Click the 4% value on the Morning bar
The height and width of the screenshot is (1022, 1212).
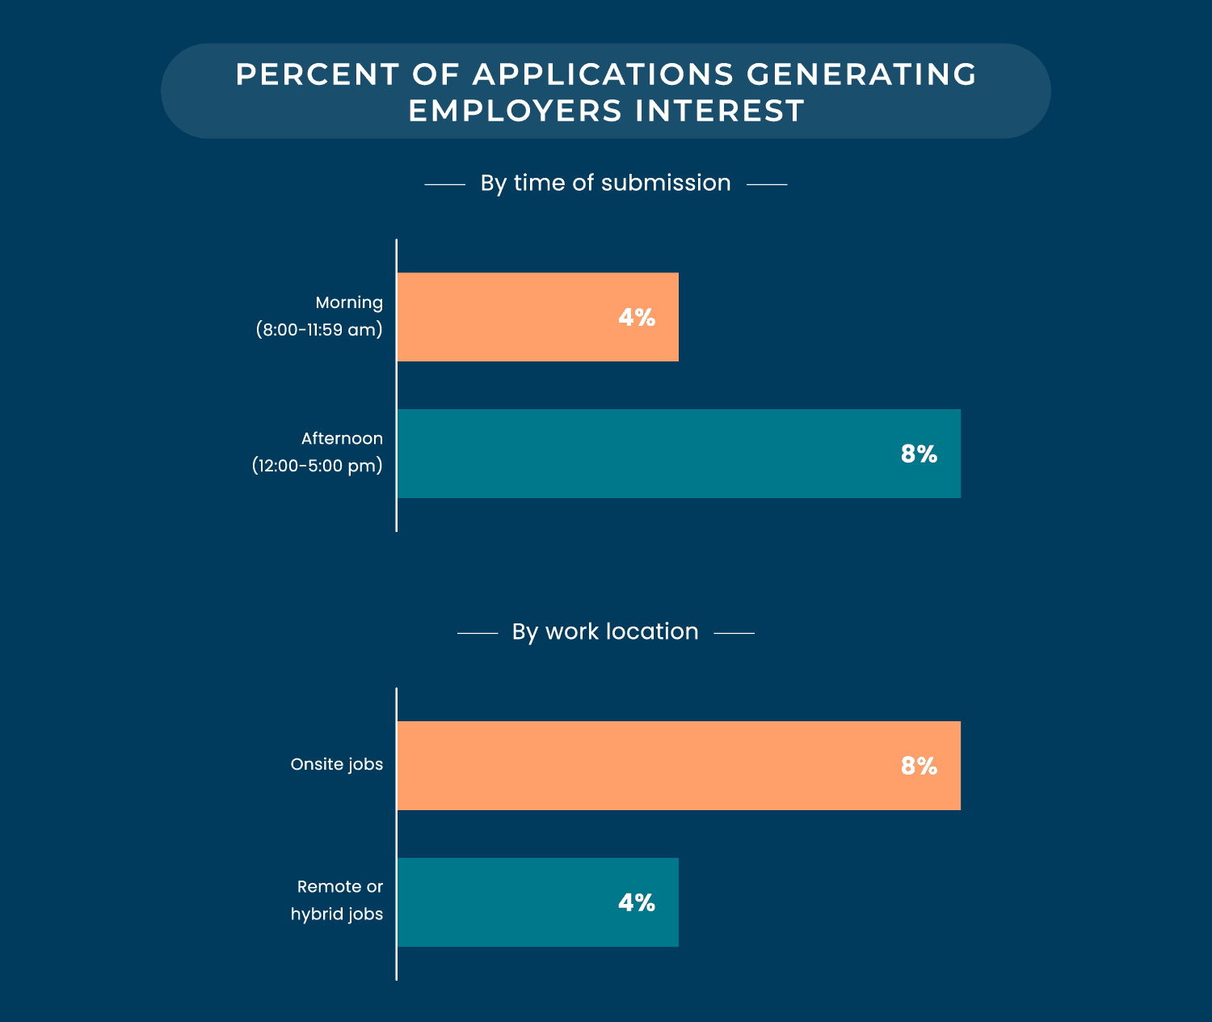tap(637, 318)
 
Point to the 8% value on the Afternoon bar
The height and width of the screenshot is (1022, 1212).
tap(919, 454)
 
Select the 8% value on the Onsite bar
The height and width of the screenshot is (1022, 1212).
tap(919, 766)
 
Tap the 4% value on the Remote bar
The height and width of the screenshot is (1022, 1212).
tap(637, 902)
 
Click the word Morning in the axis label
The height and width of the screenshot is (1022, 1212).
tap(349, 302)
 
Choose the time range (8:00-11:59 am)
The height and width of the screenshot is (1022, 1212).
tap(319, 330)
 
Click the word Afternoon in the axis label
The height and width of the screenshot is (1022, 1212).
tap(342, 438)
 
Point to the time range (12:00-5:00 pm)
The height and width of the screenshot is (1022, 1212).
tap(317, 467)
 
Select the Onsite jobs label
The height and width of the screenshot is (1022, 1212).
tap(337, 764)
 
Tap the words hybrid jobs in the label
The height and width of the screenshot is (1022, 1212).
tap(337, 914)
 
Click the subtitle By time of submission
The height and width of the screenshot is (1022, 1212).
tap(605, 183)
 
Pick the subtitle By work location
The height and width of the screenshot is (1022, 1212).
tap(605, 631)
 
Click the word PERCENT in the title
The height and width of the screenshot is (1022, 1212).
tap(317, 74)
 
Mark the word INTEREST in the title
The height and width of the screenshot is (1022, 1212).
tap(720, 111)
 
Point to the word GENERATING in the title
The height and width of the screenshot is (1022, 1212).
tap(861, 74)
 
